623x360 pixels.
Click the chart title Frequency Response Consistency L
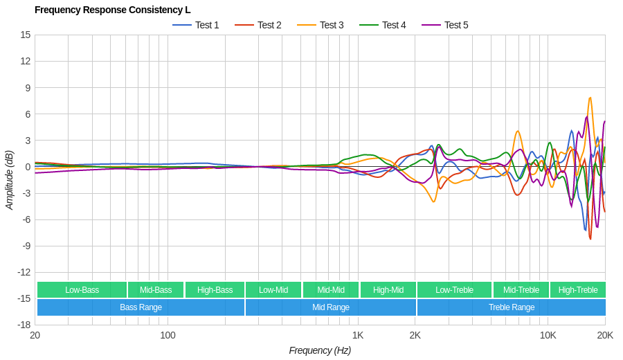[x=112, y=10]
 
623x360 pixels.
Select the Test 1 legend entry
[x=196, y=25]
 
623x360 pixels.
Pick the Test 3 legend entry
[x=320, y=25]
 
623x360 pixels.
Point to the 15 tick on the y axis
[x=25, y=35]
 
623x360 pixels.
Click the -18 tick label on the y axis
[x=24, y=325]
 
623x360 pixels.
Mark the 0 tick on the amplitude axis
[x=28, y=167]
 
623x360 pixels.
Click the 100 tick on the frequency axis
[x=168, y=336]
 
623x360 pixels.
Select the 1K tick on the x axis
[x=357, y=336]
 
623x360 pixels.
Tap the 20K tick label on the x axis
[x=605, y=336]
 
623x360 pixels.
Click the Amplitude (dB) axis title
[x=9, y=180]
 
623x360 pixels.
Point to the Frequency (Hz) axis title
[x=320, y=350]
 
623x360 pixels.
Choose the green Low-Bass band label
[x=82, y=290]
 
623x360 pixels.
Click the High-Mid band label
[x=388, y=290]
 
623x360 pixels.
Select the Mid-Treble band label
[x=521, y=290]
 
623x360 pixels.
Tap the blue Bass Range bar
[x=141, y=307]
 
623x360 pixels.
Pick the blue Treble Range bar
[x=511, y=307]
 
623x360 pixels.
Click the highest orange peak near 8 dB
[x=590, y=98]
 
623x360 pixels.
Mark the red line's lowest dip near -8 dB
[x=590, y=239]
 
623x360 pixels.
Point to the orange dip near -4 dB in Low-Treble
[x=433, y=201]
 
